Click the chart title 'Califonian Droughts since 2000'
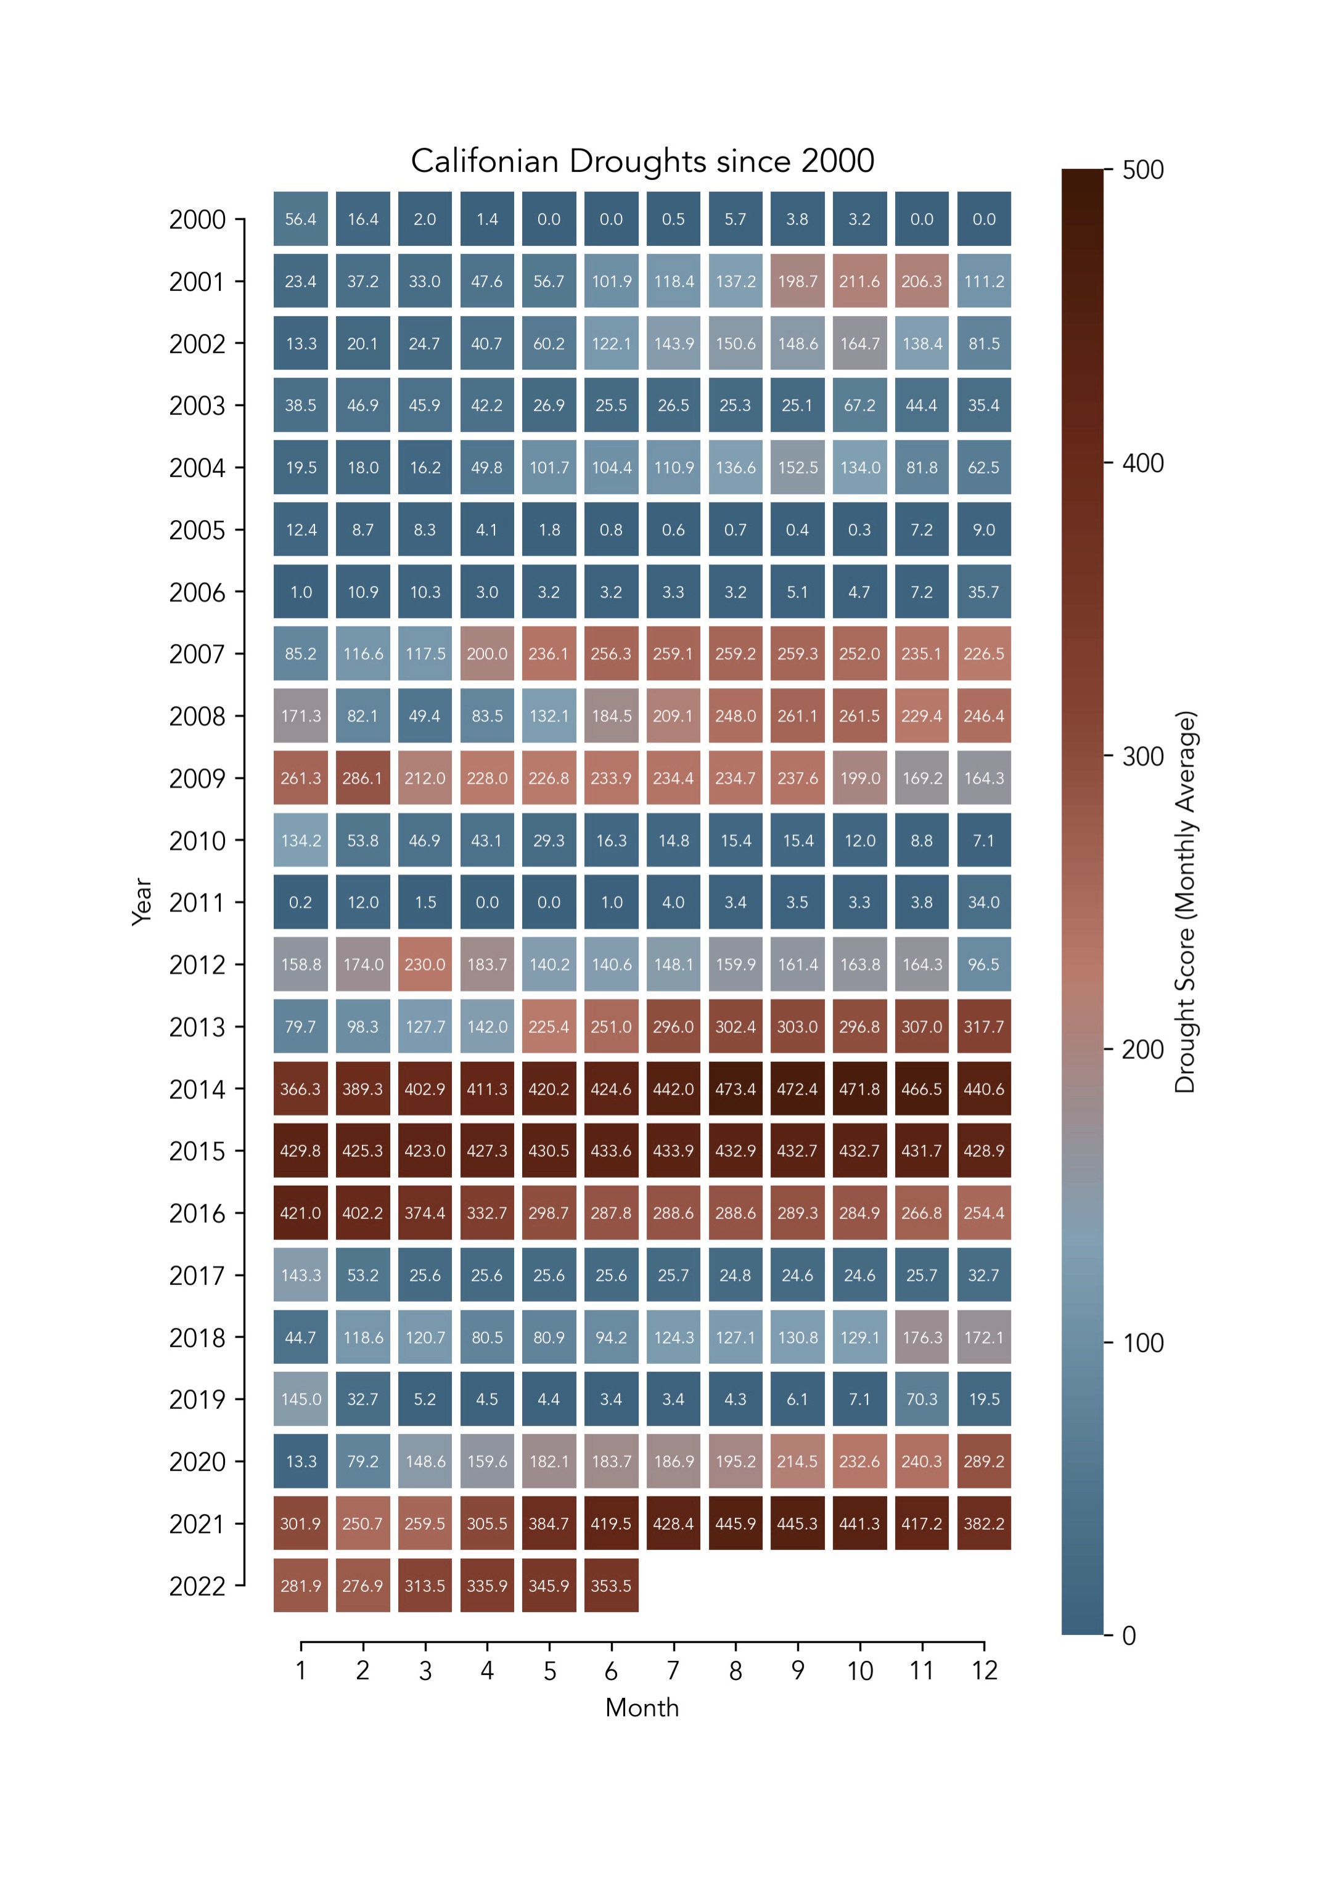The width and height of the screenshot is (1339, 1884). click(x=642, y=161)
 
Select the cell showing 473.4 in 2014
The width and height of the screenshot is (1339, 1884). click(x=735, y=1089)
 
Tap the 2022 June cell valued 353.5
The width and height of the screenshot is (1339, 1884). click(x=611, y=1586)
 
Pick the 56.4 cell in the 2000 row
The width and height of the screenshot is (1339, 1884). click(x=301, y=219)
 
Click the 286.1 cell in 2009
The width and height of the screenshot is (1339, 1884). click(x=362, y=778)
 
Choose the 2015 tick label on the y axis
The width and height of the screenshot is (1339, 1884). click(x=197, y=1151)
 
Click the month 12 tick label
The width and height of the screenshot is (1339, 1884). click(x=985, y=1671)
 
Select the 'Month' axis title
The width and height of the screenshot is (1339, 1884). click(x=642, y=1708)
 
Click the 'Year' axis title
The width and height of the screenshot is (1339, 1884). click(x=142, y=902)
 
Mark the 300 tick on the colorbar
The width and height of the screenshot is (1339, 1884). click(x=1143, y=757)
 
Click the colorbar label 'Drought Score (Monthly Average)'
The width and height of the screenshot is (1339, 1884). click(x=1185, y=902)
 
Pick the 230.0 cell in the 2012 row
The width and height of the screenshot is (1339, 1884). click(x=425, y=964)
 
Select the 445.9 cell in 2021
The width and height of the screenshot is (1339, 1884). click(x=735, y=1524)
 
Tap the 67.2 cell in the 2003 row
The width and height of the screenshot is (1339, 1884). click(x=860, y=406)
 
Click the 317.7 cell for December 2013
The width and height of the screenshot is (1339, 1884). click(x=985, y=1027)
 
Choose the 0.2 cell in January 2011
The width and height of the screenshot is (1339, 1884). click(x=301, y=902)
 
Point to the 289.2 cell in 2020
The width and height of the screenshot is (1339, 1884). click(x=985, y=1461)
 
